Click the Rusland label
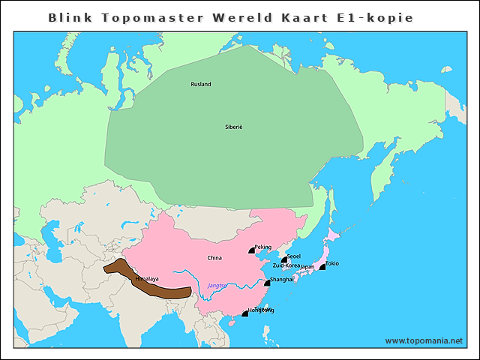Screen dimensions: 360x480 (201, 84)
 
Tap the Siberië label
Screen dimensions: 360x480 (234, 127)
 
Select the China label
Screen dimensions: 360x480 (214, 258)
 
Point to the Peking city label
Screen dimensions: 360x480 (263, 247)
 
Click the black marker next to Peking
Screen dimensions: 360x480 (253, 250)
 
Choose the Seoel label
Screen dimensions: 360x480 (294, 256)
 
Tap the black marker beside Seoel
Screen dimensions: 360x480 (284, 260)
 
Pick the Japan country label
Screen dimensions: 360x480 (307, 266)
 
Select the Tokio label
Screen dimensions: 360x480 (332, 263)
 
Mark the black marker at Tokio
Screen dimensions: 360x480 (322, 267)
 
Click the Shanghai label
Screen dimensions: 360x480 (282, 279)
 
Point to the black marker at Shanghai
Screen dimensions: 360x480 (266, 283)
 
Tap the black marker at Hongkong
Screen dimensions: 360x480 (244, 313)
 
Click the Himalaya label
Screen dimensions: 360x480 (147, 279)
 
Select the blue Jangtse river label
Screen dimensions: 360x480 (217, 286)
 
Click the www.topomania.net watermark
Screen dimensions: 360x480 (424, 340)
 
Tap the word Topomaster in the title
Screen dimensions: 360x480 (150, 16)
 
